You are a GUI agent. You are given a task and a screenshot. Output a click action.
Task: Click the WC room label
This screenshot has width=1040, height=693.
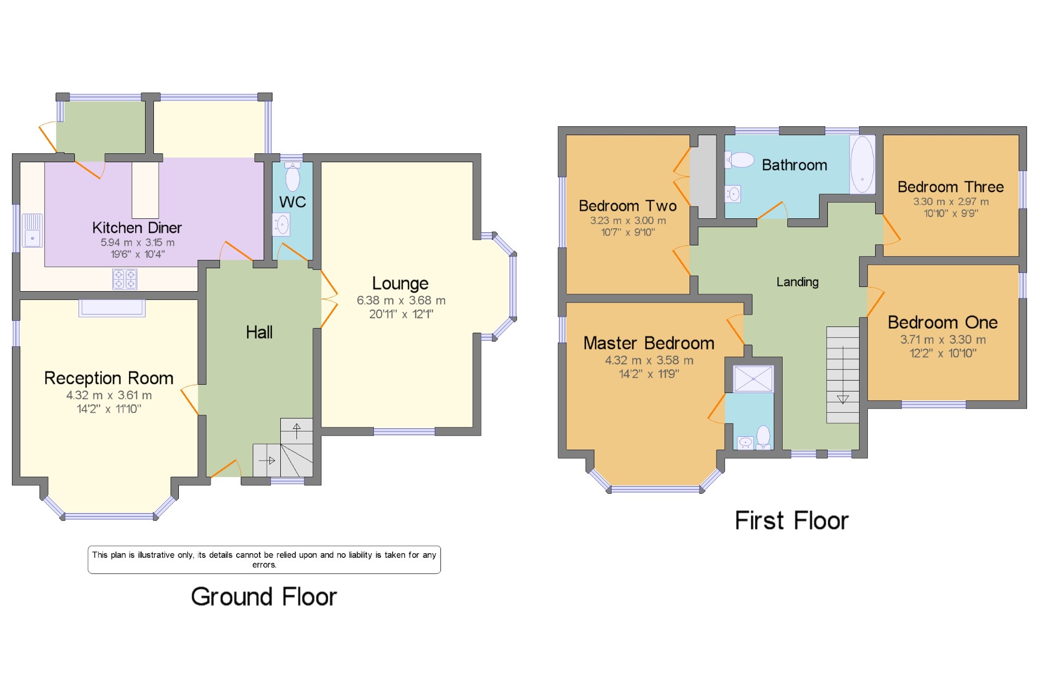point(292,202)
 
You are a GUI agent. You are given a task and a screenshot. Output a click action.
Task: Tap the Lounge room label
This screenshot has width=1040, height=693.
point(400,283)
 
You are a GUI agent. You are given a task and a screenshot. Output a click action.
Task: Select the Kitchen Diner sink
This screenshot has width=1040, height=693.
point(32,230)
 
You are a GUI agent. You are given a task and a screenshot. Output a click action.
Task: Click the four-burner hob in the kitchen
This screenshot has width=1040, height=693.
point(125,279)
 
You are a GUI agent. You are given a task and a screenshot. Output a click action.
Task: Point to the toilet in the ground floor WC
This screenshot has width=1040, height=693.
point(293,176)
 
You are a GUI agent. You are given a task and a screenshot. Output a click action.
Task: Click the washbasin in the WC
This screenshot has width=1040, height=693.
point(281,225)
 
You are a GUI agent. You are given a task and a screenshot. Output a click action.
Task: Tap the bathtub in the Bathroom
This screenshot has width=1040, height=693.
point(862,164)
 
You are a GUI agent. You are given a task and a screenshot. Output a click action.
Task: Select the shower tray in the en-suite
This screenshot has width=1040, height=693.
point(753,379)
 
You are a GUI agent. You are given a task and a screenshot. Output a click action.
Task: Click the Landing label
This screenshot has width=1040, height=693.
point(797,282)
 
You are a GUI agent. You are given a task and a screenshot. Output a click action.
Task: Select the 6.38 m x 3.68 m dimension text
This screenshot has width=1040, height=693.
point(401,300)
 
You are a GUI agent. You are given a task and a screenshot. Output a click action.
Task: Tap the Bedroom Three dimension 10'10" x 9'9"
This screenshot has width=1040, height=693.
point(951,213)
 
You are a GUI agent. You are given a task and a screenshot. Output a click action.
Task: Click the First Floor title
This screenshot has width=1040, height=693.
point(791,520)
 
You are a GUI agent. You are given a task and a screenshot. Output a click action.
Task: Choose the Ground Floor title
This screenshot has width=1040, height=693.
point(264,596)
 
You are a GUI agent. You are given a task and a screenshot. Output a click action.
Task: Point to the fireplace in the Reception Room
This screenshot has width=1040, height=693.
point(112,308)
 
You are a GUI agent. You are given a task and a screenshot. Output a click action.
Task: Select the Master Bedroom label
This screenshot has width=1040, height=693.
point(649,343)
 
